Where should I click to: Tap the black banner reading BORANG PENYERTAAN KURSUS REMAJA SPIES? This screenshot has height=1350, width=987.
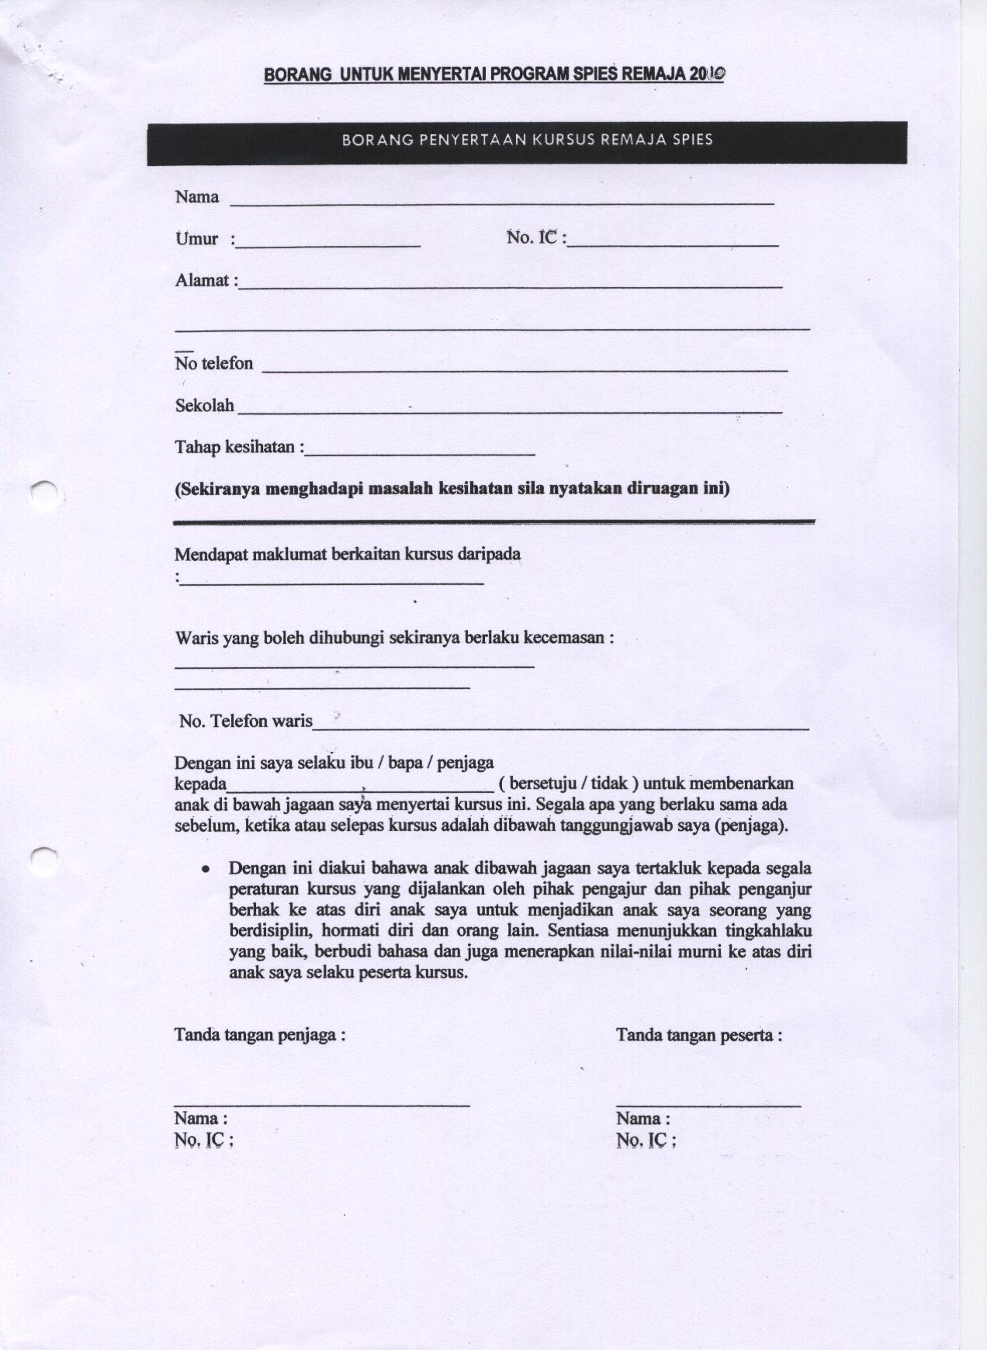527,143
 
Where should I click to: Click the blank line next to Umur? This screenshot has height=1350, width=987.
329,245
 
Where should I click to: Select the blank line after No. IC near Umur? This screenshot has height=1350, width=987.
673,245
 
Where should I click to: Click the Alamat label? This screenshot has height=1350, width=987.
203,281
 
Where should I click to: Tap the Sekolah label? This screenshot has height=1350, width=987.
204,406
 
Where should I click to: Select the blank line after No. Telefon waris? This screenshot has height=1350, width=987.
560,729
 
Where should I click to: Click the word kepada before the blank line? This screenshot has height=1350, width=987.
200,784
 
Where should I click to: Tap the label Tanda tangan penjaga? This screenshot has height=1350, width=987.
259,1035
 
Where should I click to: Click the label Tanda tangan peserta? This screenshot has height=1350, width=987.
698,1035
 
